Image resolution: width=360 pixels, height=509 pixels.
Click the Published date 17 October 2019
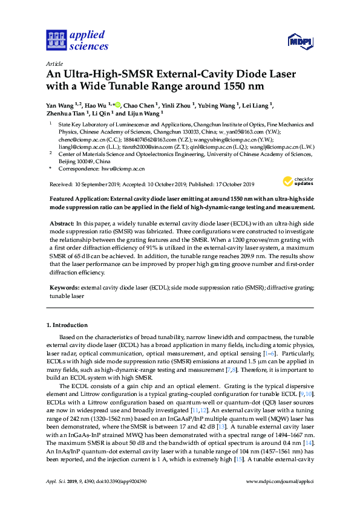coord(231,184)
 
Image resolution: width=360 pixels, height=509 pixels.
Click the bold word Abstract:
coord(63,224)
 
